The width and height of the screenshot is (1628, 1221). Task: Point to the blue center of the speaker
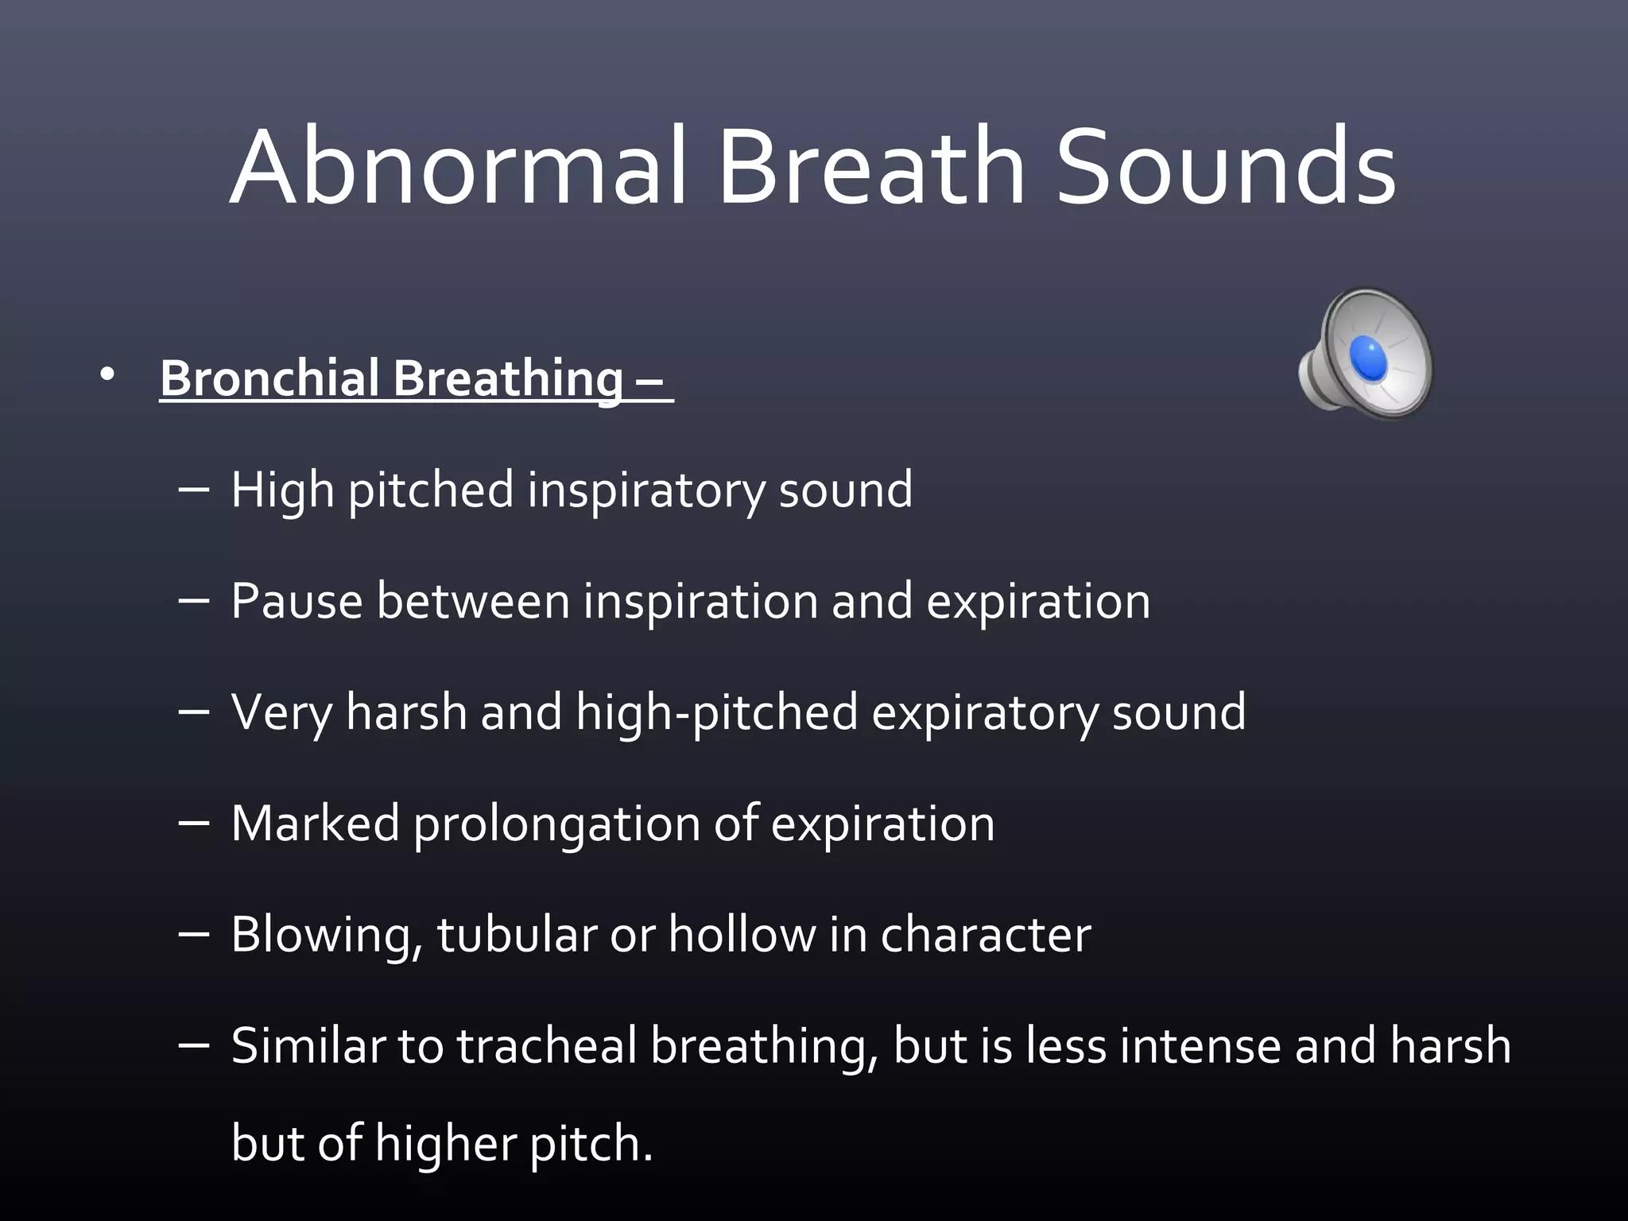click(x=1368, y=357)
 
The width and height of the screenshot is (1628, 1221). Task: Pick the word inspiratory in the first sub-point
click(x=646, y=490)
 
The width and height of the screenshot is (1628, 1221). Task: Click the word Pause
click(x=297, y=601)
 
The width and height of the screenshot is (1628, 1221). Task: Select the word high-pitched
click(x=716, y=713)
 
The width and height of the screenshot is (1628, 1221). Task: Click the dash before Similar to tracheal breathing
click(x=194, y=1044)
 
